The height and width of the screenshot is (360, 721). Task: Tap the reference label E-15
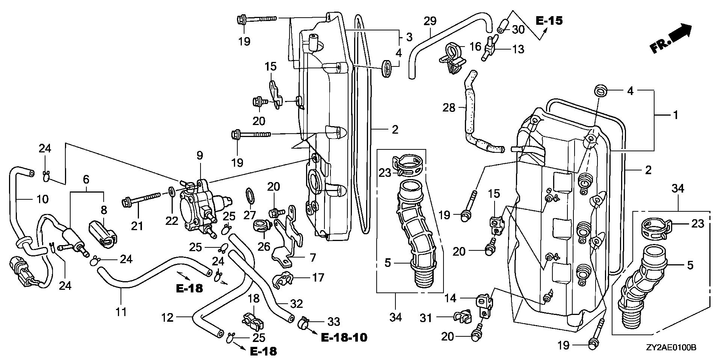(549, 21)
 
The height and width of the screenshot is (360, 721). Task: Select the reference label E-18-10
(344, 337)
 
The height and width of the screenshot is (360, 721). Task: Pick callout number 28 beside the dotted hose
(449, 108)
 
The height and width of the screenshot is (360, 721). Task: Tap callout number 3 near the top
(409, 37)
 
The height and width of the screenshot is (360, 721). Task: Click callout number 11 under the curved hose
(121, 312)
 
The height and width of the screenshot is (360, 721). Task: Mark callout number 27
(250, 215)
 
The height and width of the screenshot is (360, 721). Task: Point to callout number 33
(333, 321)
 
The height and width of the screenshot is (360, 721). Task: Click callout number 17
(318, 278)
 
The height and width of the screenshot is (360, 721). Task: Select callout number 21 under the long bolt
(137, 226)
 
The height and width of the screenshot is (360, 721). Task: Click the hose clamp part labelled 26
(262, 225)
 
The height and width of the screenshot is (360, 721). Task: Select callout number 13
(518, 49)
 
